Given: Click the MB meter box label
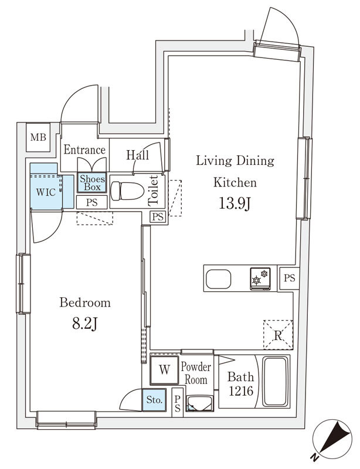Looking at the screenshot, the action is (x=38, y=137).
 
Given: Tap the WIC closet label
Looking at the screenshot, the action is (x=46, y=192).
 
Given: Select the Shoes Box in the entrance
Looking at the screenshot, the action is (x=92, y=183).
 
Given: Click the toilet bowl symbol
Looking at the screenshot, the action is (x=127, y=191).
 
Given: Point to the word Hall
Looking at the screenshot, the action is (x=137, y=155).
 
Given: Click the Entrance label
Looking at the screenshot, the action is (x=84, y=149).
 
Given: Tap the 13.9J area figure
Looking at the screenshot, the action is (x=235, y=204).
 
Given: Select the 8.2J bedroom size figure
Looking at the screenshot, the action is (x=84, y=324).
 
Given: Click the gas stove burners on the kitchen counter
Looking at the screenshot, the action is (x=260, y=278).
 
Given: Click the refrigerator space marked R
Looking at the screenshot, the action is (x=278, y=334).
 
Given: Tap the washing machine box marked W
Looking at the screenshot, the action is (x=164, y=370).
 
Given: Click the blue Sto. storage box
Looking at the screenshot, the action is (x=154, y=400).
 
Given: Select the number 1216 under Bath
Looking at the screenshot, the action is (x=241, y=391).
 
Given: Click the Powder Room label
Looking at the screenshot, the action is (x=196, y=373).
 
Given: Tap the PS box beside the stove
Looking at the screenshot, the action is (x=289, y=278).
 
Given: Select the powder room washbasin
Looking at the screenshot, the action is (x=199, y=403).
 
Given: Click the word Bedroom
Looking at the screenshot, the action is (x=85, y=303).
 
